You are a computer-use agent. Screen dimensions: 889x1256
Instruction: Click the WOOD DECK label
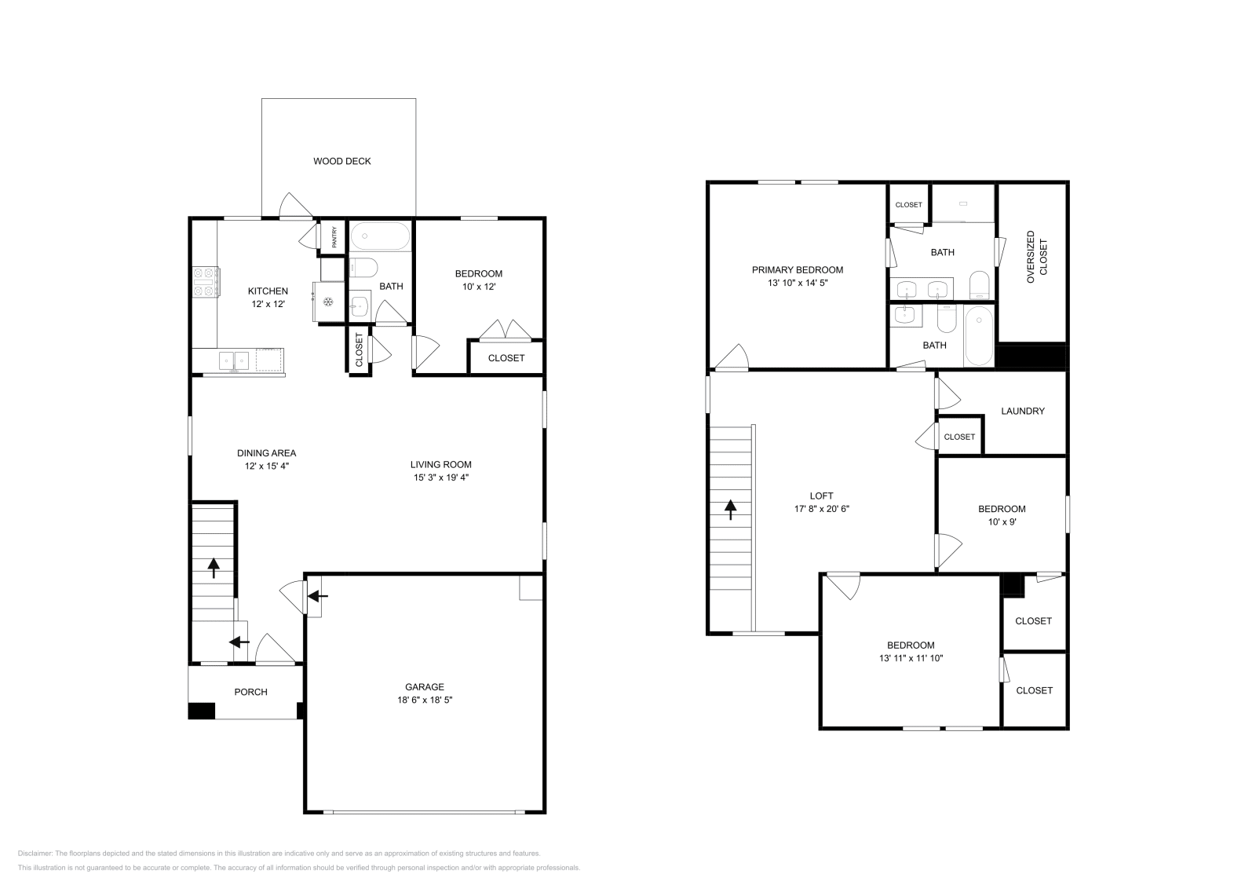[341, 161]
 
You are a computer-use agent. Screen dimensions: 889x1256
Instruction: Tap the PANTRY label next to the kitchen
[334, 237]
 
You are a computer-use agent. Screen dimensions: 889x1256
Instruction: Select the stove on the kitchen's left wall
[206, 283]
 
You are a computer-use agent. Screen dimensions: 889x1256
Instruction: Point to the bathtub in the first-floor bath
[380, 236]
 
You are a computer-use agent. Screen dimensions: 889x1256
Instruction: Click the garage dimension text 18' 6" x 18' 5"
[425, 699]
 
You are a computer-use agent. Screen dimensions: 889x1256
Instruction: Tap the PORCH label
[250, 692]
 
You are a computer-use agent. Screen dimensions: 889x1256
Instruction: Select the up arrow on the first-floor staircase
[214, 568]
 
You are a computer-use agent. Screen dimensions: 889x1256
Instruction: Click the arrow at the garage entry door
[318, 597]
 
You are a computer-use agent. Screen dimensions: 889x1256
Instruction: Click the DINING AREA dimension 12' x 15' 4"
[267, 466]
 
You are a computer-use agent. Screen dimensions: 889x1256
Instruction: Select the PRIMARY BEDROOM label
[797, 269]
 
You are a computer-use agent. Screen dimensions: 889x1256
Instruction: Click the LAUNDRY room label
[1022, 411]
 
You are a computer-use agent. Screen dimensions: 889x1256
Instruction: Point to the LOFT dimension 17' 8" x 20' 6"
[821, 508]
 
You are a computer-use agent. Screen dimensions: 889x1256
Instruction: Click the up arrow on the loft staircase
[730, 510]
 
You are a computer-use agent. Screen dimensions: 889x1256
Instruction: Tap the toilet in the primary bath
[979, 284]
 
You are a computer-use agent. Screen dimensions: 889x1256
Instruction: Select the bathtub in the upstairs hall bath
[978, 335]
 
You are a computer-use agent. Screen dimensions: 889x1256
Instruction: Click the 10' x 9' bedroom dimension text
[1002, 521]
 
